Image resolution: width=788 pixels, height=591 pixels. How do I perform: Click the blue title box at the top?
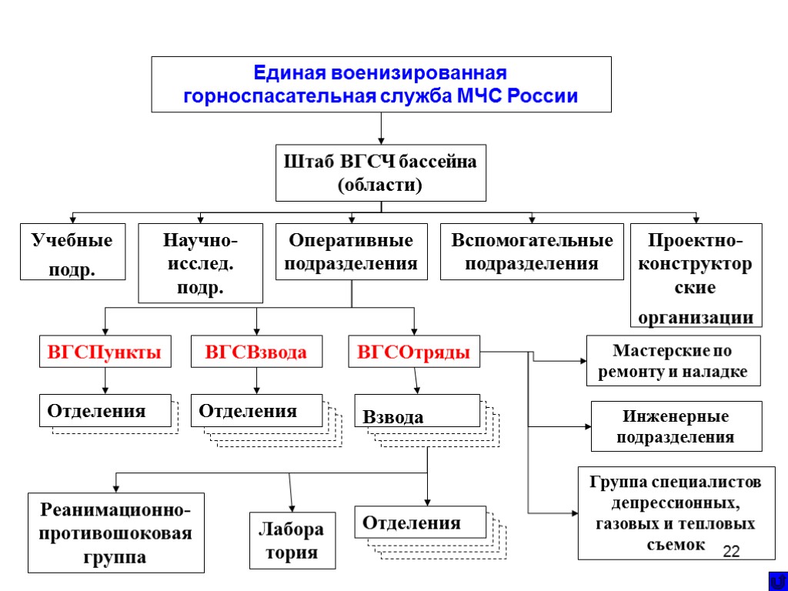[x=381, y=85]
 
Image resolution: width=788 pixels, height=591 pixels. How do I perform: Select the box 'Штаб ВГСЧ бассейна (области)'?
[x=381, y=173]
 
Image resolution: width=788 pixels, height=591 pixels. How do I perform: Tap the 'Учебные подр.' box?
[x=72, y=251]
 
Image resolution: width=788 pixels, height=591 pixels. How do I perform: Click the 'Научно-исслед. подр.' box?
[x=200, y=263]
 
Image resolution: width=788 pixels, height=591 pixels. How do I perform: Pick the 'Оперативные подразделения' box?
[x=351, y=252]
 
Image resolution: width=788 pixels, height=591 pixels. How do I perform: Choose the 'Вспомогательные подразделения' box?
[x=532, y=252]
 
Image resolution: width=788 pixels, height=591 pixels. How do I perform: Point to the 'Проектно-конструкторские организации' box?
[x=696, y=275]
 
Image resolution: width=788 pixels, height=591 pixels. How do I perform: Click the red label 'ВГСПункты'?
[x=105, y=352]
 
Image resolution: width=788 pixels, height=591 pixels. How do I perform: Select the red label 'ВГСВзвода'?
[x=256, y=352]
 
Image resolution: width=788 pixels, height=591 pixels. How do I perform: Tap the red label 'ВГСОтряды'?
[x=414, y=352]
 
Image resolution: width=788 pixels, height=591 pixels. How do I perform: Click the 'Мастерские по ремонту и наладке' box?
[x=673, y=360]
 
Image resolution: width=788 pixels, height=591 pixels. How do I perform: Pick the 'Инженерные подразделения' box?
[x=676, y=426]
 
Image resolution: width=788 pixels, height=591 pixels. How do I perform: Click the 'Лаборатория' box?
[x=292, y=540]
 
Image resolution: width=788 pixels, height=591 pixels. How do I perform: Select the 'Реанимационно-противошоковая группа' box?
[x=115, y=533]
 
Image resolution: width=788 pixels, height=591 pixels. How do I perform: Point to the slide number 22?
[x=731, y=551]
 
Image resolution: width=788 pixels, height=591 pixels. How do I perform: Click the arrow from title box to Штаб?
[x=381, y=129]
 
